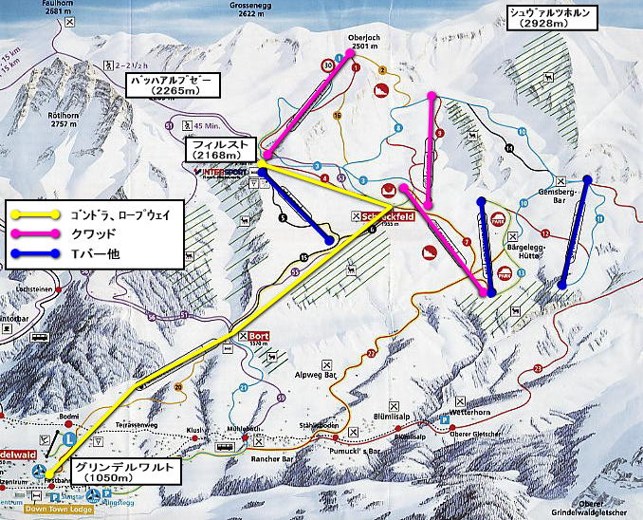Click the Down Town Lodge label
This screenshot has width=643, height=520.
[x=61, y=510]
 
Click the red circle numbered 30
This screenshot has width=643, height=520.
[x=327, y=65]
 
